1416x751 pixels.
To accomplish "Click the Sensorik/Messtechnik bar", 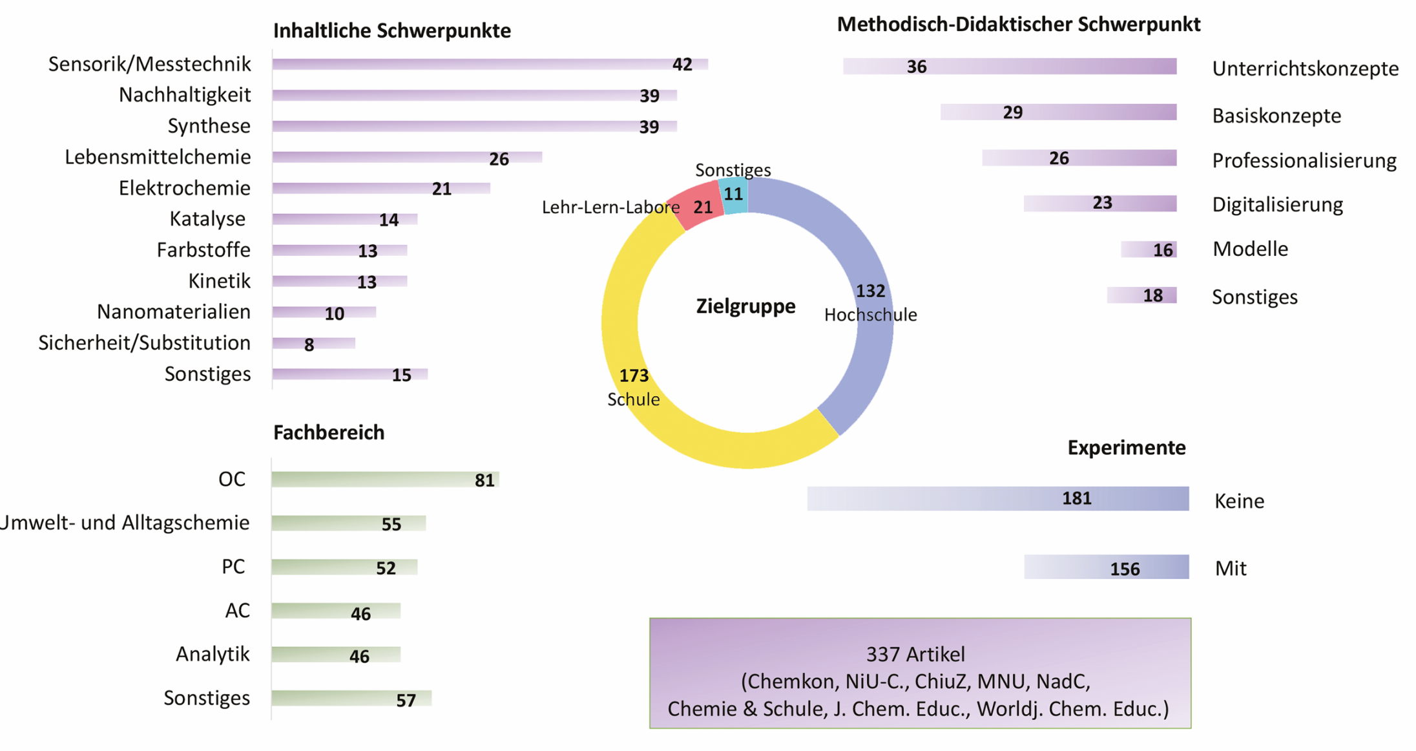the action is click(x=490, y=64).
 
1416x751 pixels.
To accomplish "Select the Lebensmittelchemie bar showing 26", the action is click(x=407, y=157).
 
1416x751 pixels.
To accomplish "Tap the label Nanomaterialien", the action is click(x=174, y=312).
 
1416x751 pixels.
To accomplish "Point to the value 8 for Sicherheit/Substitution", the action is click(x=309, y=344).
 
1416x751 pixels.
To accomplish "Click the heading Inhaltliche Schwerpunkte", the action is click(x=392, y=30).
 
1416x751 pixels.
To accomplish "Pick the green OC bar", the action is click(x=386, y=480).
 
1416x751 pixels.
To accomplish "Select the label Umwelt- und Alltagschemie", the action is click(x=124, y=522).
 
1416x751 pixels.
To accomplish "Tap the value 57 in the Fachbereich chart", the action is click(x=406, y=700).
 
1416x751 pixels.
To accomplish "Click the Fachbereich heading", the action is click(x=329, y=432).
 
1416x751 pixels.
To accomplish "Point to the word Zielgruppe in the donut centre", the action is click(x=746, y=306).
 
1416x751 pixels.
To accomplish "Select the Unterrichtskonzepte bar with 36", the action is click(x=1010, y=66).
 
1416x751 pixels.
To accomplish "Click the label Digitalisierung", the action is click(x=1278, y=205).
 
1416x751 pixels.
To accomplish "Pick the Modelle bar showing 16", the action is click(x=1149, y=249).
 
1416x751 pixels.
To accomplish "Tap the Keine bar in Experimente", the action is click(x=998, y=498).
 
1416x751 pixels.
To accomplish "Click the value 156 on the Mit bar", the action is click(x=1125, y=569).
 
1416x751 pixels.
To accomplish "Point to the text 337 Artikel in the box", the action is click(x=916, y=654).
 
